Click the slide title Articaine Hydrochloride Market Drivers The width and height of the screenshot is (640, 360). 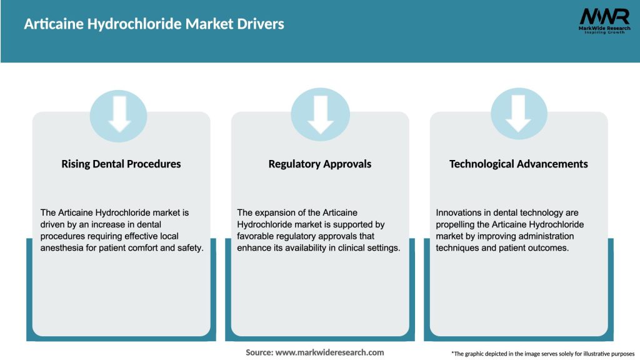(154, 24)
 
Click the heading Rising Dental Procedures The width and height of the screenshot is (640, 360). (121, 164)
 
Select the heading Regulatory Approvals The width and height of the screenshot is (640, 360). (320, 164)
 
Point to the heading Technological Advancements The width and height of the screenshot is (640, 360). (519, 164)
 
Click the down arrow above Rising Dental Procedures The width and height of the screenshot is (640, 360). (120, 114)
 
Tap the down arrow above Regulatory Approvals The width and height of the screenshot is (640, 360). (320, 114)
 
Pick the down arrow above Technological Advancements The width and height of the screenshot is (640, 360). (519, 114)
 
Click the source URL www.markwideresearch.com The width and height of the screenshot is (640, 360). (329, 352)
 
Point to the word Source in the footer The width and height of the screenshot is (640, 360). (259, 352)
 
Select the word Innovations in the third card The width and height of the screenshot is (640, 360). (459, 212)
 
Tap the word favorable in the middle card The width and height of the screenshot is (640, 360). (256, 236)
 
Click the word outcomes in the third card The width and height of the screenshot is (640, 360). (550, 248)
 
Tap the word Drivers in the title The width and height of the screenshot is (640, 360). (259, 24)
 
